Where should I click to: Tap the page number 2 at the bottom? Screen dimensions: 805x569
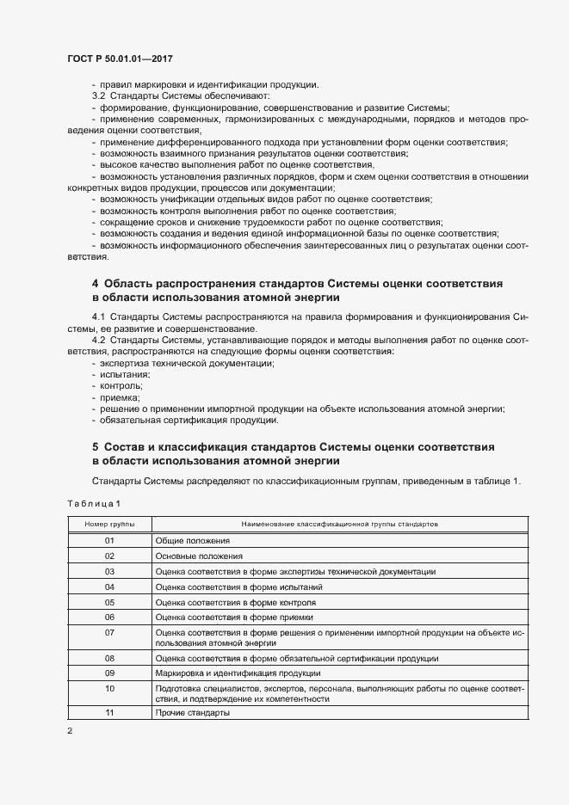[71, 731]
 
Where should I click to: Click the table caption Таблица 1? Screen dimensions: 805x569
[94, 502]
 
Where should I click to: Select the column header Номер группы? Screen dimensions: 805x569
[109, 523]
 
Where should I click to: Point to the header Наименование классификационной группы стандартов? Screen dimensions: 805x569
[339, 523]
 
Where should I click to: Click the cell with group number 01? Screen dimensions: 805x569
[109, 540]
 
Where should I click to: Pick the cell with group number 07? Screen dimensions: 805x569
[109, 632]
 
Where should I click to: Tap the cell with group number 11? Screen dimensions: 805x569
[109, 713]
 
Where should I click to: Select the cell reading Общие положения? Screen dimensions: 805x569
[193, 540]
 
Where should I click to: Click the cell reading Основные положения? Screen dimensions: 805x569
[198, 556]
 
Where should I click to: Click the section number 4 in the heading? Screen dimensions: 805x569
[96, 283]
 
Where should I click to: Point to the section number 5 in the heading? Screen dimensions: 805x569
[96, 447]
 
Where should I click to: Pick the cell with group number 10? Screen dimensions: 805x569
[109, 688]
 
